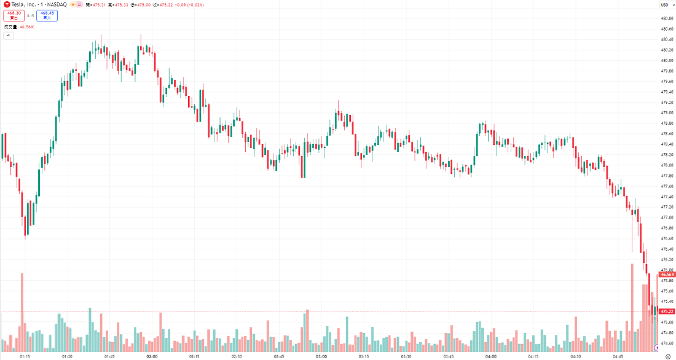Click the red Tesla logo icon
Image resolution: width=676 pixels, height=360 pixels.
tap(7, 4)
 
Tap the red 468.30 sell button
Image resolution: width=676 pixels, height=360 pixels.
tap(14, 15)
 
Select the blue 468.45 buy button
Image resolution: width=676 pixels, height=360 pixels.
tap(47, 15)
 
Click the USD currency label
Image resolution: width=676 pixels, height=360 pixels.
tap(664, 5)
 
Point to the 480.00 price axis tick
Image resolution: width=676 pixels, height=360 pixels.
tap(666, 60)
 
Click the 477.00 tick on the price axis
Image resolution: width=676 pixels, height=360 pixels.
tap(666, 217)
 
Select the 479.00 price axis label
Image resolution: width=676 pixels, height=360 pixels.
tap(666, 112)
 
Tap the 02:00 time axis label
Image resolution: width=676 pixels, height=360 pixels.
tap(152, 356)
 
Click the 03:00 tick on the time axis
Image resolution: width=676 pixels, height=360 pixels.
tap(321, 356)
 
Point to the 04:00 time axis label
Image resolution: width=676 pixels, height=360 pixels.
tap(490, 356)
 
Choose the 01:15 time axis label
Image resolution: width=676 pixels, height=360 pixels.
tap(25, 356)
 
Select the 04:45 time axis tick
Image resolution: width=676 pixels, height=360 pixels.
tap(618, 356)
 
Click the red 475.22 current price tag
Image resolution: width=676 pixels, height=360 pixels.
tap(667, 311)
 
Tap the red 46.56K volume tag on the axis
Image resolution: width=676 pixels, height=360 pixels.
tap(667, 275)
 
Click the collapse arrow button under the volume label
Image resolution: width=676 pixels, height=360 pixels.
tap(8, 36)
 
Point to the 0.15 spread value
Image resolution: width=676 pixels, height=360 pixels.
tap(31, 15)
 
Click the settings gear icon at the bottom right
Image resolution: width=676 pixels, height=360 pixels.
tap(668, 356)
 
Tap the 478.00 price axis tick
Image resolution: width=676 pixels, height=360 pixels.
tap(666, 165)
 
